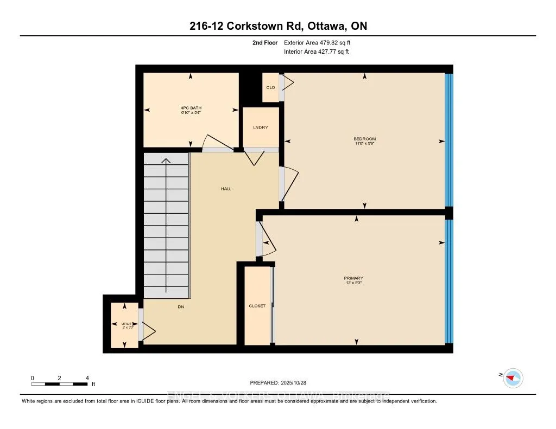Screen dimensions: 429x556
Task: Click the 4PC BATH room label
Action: click(x=191, y=108)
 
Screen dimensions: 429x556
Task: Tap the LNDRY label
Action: click(x=261, y=127)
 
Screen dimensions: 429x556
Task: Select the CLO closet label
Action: click(x=270, y=87)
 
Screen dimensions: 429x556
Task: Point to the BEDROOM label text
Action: click(x=364, y=139)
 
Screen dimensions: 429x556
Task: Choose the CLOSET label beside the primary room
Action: click(x=257, y=306)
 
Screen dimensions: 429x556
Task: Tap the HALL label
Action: click(x=226, y=189)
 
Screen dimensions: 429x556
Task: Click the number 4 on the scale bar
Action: click(x=87, y=377)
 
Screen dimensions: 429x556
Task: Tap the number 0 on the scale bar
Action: click(x=32, y=377)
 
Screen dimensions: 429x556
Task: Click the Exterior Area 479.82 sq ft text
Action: click(x=320, y=42)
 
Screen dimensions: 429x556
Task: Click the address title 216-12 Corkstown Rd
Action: click(x=277, y=26)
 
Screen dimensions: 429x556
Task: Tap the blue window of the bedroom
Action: click(x=448, y=140)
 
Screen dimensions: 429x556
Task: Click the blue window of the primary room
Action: click(x=448, y=281)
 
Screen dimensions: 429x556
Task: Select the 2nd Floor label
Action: click(x=266, y=42)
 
